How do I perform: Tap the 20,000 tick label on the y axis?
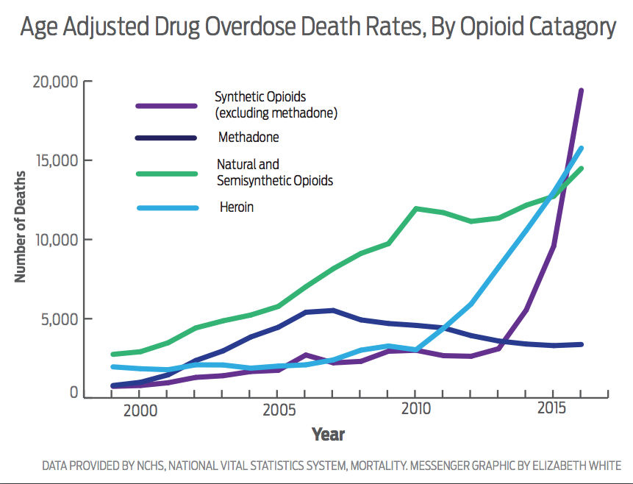coord(56,82)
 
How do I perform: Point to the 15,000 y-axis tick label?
coord(56,161)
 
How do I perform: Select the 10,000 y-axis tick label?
coord(56,240)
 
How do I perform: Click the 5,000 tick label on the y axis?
coord(60,319)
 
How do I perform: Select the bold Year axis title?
coord(328,434)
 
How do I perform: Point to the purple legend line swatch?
coord(167,105)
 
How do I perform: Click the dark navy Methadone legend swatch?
coord(167,138)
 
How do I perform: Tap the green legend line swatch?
coord(167,173)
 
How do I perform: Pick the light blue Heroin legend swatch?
coord(167,207)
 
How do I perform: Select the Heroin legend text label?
coord(237,207)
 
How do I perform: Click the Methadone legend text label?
coord(248,138)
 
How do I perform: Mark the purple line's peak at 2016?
coord(581,91)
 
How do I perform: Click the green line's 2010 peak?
coord(417,209)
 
